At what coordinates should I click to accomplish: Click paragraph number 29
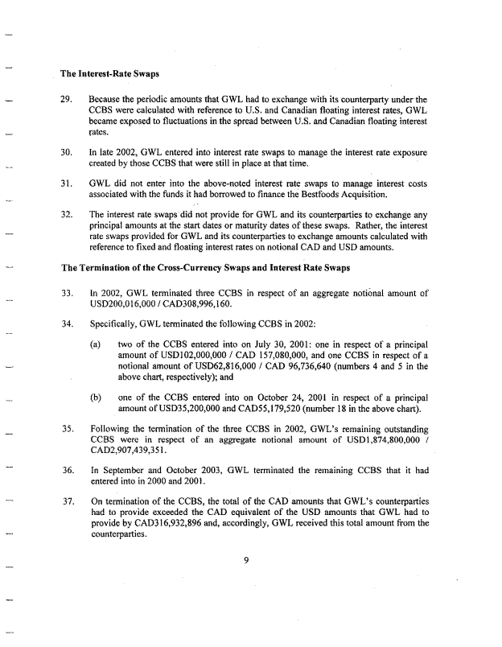click(68, 100)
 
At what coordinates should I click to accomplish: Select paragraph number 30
click(68, 152)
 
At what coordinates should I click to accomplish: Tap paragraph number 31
click(68, 183)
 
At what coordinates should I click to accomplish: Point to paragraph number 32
click(68, 215)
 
